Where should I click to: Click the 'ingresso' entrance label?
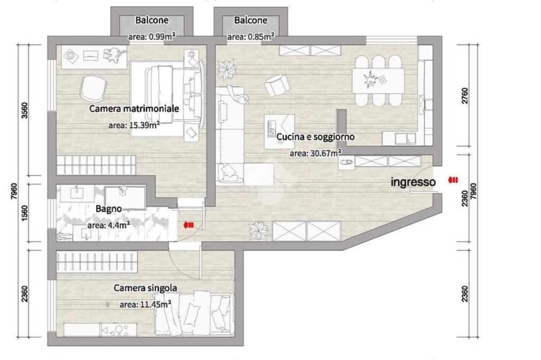413,182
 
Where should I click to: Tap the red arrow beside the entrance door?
453,179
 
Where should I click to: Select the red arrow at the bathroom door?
189,225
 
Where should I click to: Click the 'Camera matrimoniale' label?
134,109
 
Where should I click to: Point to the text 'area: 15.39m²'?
134,125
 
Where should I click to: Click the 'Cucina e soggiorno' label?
315,137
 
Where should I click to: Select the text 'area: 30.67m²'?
316,153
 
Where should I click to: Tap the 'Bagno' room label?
109,209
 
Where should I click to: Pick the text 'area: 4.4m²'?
109,225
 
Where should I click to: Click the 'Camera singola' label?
145,288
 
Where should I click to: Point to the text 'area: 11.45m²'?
146,304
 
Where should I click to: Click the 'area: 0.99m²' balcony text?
152,36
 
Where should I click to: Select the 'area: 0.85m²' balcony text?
251,36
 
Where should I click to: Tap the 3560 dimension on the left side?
24,110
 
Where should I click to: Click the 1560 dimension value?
24,214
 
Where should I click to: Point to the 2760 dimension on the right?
465,97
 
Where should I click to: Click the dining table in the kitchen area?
378,81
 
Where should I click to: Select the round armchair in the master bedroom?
93,88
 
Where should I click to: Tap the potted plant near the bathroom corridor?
259,230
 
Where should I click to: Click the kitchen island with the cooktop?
279,131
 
